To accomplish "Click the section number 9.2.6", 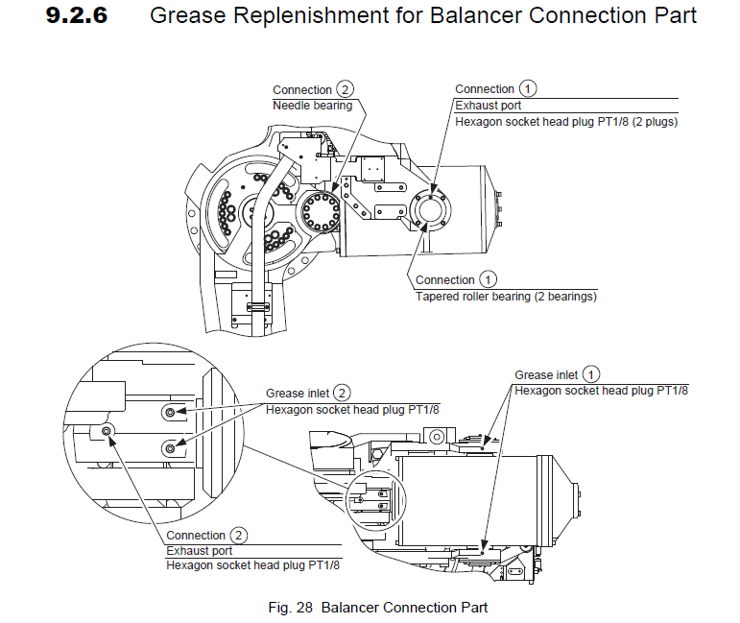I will pyautogui.click(x=84, y=16).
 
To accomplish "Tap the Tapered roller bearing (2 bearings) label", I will pyautogui.click(x=506, y=297).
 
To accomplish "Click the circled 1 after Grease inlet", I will pyautogui.click(x=592, y=374).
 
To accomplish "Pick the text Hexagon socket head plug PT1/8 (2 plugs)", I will pyautogui.click(x=566, y=122).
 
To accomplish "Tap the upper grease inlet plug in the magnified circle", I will pyautogui.click(x=170, y=412).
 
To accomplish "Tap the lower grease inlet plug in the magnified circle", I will pyautogui.click(x=170, y=446).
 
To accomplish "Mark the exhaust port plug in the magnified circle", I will pyautogui.click(x=107, y=431).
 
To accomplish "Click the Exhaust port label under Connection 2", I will pyautogui.click(x=199, y=551).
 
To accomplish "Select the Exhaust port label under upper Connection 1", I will pyautogui.click(x=487, y=106).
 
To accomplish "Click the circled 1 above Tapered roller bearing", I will pyautogui.click(x=488, y=280).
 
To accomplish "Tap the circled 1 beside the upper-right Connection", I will pyautogui.click(x=527, y=89).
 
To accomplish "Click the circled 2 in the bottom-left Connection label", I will pyautogui.click(x=239, y=535).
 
